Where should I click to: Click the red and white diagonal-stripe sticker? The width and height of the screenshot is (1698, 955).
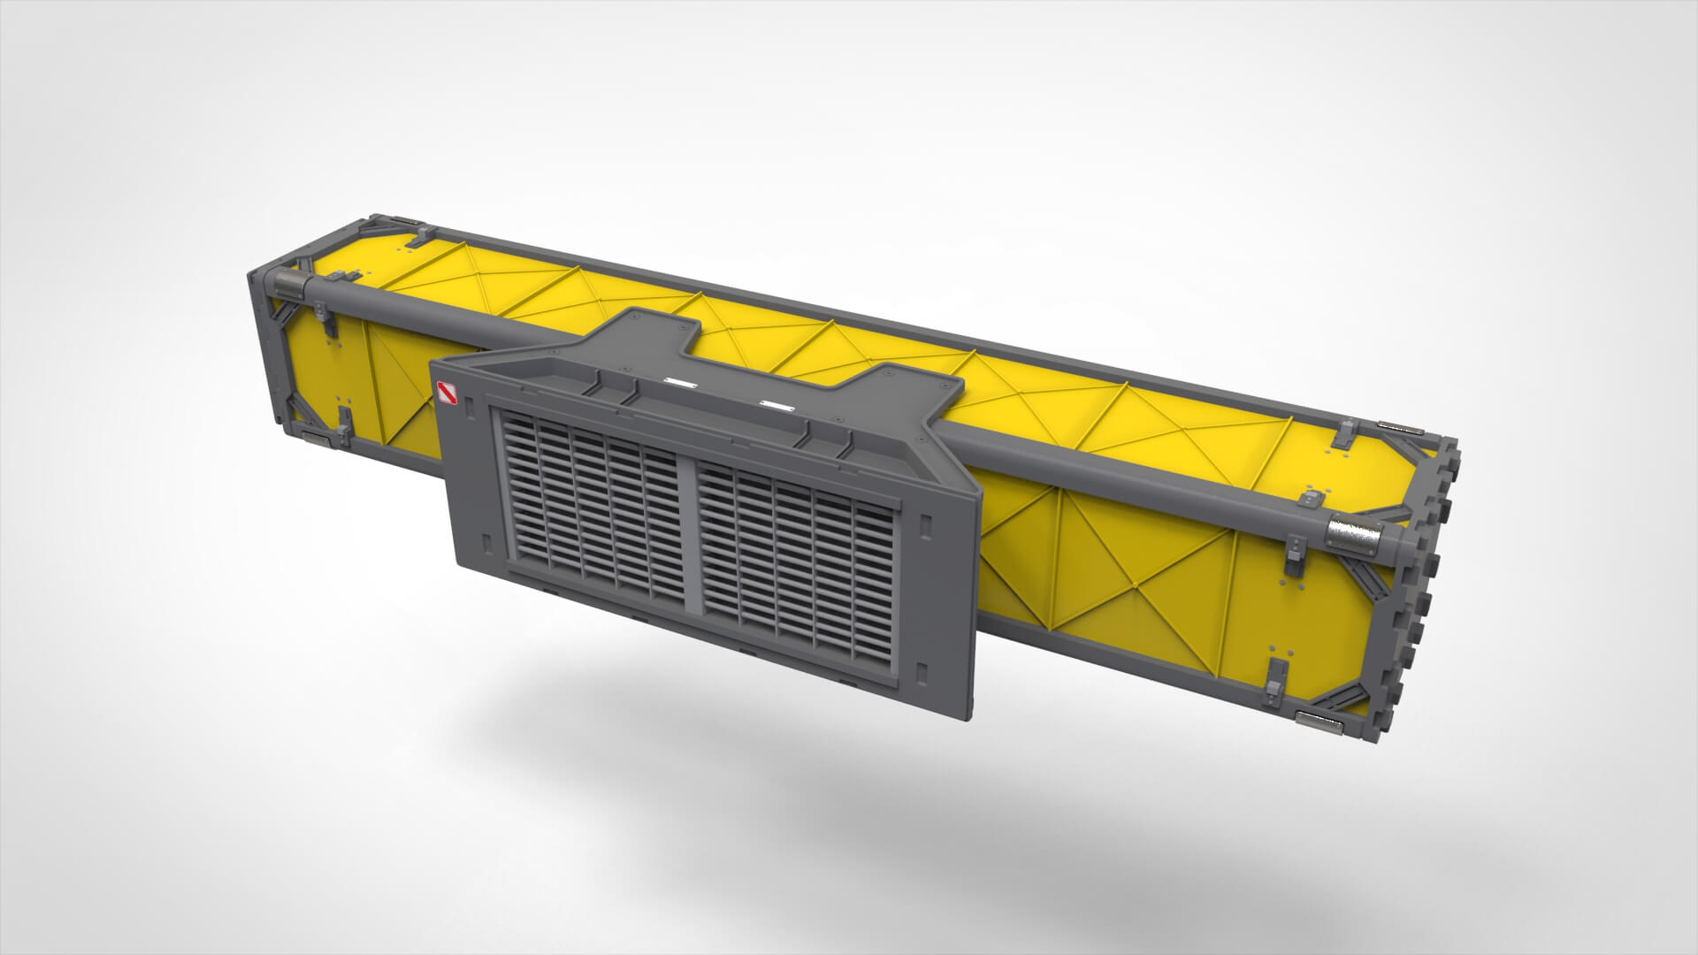[x=445, y=395]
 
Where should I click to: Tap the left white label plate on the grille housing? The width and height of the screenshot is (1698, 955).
[x=680, y=383]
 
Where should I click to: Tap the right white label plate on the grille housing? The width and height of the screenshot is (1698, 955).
[x=776, y=406]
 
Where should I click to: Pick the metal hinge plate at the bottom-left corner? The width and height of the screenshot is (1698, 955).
[x=315, y=436]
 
